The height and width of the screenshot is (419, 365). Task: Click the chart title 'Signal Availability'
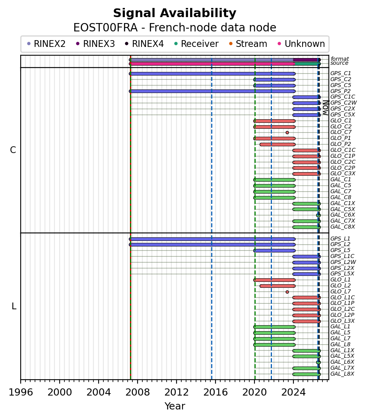click(x=175, y=13)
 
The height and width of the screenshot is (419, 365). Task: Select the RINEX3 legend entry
click(x=95, y=44)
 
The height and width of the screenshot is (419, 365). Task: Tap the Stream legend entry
click(x=248, y=44)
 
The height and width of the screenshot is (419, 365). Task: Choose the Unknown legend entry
click(x=301, y=44)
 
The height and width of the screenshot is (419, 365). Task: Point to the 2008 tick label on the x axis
click(x=137, y=392)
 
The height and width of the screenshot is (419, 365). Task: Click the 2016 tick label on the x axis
click(x=216, y=392)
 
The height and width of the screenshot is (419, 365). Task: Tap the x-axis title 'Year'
click(x=175, y=406)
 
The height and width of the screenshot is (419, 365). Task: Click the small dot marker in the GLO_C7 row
click(x=287, y=132)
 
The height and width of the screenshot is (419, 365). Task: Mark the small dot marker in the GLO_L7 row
click(x=287, y=292)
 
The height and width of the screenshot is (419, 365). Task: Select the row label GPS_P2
click(x=340, y=91)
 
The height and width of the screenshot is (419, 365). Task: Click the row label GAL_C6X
click(x=343, y=215)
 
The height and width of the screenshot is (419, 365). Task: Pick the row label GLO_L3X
click(x=342, y=321)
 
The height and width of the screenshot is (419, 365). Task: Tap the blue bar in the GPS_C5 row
click(x=274, y=85)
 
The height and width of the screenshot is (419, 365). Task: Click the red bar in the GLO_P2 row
click(x=278, y=144)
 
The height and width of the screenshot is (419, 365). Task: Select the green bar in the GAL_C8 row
click(x=274, y=198)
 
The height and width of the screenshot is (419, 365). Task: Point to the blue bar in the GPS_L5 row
click(x=274, y=251)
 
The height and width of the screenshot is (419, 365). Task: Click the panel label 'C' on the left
click(x=13, y=150)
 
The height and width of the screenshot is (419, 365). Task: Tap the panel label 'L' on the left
click(x=14, y=306)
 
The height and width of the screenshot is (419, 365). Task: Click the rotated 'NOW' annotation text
click(x=326, y=107)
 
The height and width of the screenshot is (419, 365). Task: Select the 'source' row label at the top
click(x=339, y=63)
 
